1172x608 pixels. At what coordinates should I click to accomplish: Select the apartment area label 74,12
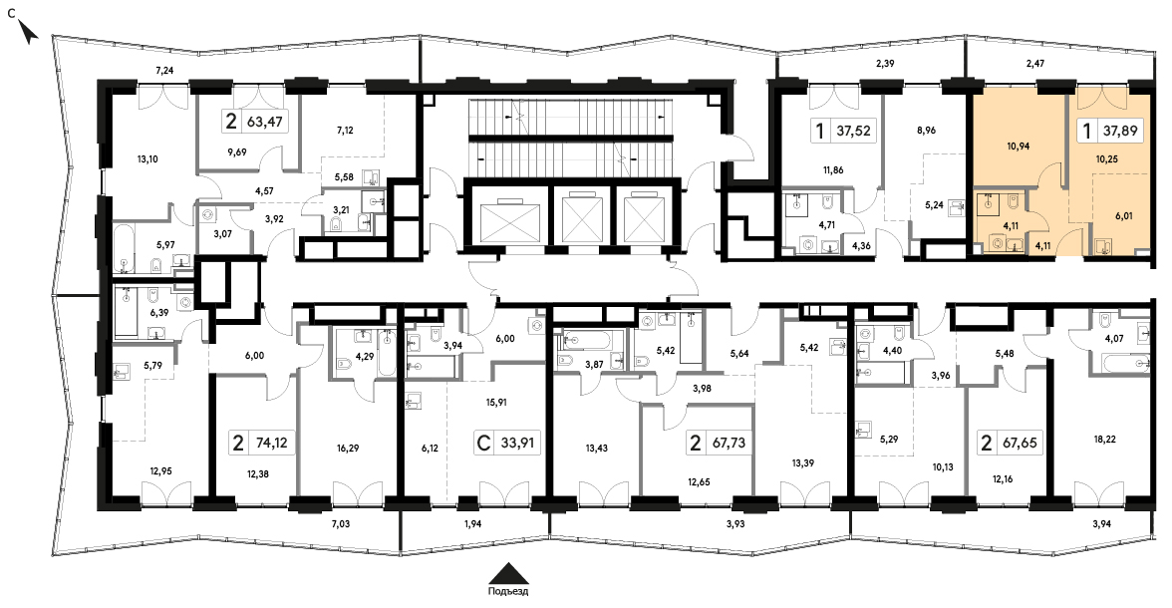pyautogui.click(x=269, y=444)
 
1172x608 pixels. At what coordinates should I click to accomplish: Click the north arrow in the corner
pyautogui.click(x=28, y=33)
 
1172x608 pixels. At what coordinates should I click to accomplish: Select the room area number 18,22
pyautogui.click(x=1104, y=440)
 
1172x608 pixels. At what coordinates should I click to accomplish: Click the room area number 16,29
pyautogui.click(x=349, y=449)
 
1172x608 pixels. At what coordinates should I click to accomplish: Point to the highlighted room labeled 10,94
pyautogui.click(x=1019, y=146)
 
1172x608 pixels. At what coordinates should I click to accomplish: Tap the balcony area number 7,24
pyautogui.click(x=163, y=71)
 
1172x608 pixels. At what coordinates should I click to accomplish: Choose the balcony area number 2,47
pyautogui.click(x=1035, y=65)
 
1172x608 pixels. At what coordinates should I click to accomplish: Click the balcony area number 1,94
pyautogui.click(x=473, y=523)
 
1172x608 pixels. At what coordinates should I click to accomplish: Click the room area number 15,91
pyautogui.click(x=497, y=402)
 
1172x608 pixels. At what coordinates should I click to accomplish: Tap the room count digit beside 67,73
pyautogui.click(x=696, y=444)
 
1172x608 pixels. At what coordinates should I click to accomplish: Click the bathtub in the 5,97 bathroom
pyautogui.click(x=124, y=244)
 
